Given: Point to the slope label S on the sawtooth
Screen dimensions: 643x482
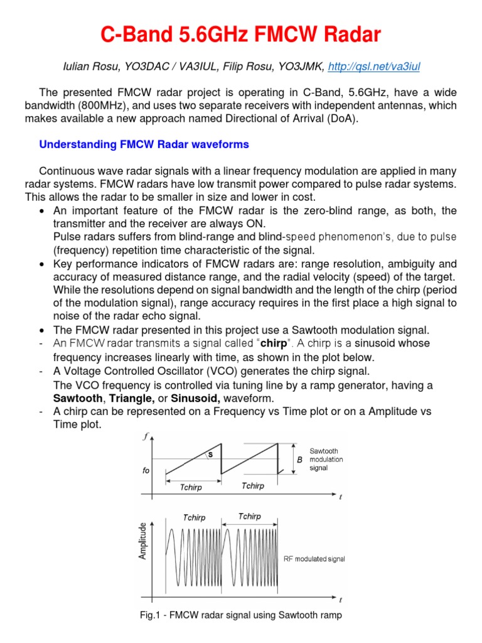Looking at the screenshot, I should pos(211,454).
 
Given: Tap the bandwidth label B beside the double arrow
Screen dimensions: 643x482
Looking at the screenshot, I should pos(299,459).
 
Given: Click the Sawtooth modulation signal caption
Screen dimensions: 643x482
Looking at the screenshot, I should pos(326,459).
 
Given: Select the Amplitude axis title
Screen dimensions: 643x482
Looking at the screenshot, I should pos(143,540).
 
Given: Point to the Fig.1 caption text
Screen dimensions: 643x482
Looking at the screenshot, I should pos(240,615).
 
